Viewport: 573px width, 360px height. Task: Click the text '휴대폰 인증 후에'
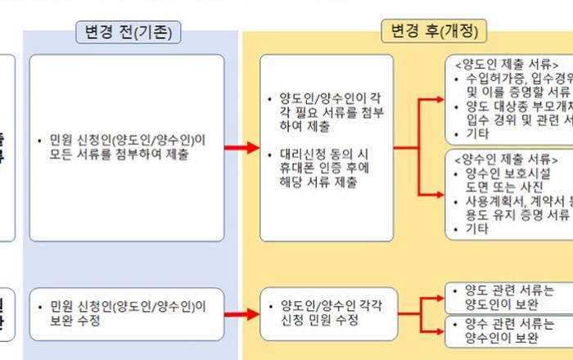click(318, 169)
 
